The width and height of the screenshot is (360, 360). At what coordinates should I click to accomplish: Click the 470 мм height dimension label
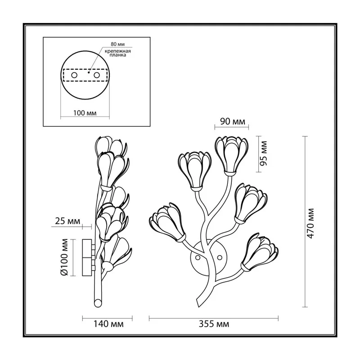coord(310,223)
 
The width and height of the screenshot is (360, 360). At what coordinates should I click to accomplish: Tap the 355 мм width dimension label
coord(214,324)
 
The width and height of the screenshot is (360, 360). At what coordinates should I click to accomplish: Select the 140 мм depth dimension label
coord(108,324)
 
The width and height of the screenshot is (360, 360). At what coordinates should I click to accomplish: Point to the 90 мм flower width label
coord(233,121)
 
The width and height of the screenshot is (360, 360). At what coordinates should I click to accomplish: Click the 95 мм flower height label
coord(263,153)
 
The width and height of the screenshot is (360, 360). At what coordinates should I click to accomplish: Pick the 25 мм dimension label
coord(68,221)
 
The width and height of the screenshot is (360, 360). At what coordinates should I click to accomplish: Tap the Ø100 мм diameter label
coord(64,257)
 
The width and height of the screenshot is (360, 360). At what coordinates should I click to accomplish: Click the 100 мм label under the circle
coord(85,113)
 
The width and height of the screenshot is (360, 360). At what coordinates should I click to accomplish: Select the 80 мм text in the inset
coord(118,44)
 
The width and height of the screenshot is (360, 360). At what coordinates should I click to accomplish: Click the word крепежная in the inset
coord(118,51)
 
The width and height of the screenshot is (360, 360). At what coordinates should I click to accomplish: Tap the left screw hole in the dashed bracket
coord(74,75)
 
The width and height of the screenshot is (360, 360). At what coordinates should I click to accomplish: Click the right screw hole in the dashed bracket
coord(97,75)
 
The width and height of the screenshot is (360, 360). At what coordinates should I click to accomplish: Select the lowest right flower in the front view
coord(259,252)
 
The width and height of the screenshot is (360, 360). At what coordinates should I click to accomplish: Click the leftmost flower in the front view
coord(167,222)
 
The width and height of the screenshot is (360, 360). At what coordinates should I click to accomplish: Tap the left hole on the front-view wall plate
coord(198,257)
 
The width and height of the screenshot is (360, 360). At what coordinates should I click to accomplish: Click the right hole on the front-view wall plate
coord(220,257)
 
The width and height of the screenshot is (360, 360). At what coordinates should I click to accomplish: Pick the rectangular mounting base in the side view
coord(87,257)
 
